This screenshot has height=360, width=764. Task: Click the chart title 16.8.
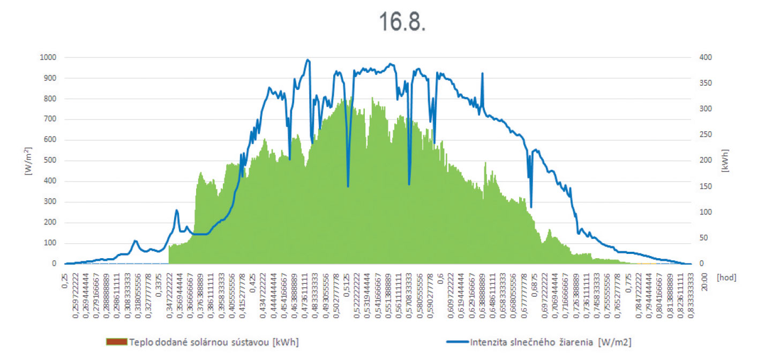(x=402, y=21)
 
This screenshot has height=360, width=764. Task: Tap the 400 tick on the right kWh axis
(x=696, y=57)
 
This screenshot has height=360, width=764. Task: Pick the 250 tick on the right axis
(x=696, y=135)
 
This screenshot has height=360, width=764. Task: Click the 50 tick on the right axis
(x=694, y=238)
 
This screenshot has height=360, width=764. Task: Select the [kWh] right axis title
(x=725, y=161)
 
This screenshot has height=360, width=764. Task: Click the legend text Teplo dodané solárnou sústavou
(x=214, y=342)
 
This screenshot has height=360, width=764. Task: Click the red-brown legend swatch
(x=117, y=342)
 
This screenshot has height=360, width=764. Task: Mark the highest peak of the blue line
(x=308, y=59)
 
